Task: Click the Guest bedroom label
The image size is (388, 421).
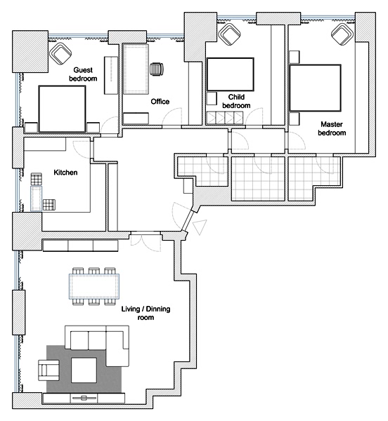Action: coord(83,74)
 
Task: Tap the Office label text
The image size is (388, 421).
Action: coord(160,102)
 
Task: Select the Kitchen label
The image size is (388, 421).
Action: coord(65,173)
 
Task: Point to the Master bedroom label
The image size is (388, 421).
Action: coord(332,128)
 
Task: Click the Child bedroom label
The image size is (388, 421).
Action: coord(236,101)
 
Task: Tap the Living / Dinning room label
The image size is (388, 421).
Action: coord(145,313)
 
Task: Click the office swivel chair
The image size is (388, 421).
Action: coord(157,69)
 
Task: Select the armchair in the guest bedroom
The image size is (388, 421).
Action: coord(60,53)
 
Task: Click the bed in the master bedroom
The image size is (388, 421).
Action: coord(315,88)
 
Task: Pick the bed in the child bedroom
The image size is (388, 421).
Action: coord(230,74)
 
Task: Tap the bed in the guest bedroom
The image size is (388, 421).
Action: coord(62,109)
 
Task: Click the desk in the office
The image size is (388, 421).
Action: coord(136,69)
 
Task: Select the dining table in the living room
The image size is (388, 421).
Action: coord(94,286)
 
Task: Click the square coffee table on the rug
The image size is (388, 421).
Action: coord(84,370)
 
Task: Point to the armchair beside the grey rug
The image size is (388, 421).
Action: coord(48,370)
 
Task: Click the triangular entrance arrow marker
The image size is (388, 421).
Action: coord(200,227)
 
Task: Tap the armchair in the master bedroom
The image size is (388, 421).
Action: coord(342,34)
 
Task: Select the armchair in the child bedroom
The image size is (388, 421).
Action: coord(230,34)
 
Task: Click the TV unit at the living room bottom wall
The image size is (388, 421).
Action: coord(84,398)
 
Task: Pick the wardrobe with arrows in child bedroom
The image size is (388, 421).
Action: coord(225,118)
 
